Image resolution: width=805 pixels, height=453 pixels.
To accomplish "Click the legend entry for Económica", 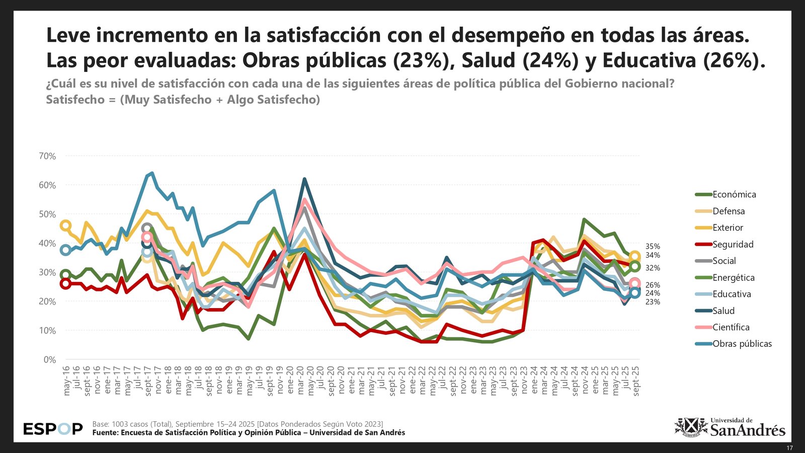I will (x=734, y=195).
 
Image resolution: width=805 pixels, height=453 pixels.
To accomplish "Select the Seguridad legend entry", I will (x=733, y=245).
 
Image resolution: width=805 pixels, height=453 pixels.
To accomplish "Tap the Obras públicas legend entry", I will (x=742, y=344).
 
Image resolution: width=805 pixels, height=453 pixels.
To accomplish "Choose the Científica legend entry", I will (x=731, y=327).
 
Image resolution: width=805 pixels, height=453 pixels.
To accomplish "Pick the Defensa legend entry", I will (x=728, y=211).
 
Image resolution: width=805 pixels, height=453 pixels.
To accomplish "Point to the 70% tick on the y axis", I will (x=47, y=157).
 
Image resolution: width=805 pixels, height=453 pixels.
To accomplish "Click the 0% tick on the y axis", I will (x=49, y=360).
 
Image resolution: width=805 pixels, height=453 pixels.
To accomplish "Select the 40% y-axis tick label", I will (x=47, y=244).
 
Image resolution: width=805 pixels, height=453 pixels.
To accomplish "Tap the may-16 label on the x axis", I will (x=66, y=381).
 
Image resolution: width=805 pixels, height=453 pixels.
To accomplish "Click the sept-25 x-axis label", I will (x=636, y=381).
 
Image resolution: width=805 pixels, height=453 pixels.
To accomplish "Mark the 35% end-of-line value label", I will (x=653, y=247).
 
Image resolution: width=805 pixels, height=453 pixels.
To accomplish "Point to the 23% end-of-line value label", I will (x=653, y=302).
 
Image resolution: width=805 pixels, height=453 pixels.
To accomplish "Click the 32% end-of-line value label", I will (x=653, y=268).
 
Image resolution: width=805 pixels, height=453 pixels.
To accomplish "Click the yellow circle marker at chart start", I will (x=65, y=225).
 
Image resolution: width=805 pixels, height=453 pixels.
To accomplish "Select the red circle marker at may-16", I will (x=65, y=283).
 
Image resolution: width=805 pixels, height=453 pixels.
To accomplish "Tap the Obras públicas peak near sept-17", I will (x=152, y=174).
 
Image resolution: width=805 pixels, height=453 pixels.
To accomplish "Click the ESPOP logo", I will (x=53, y=429).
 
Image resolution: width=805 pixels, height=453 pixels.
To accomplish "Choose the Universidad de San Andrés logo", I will (x=730, y=427).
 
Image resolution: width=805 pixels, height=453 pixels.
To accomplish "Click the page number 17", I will (x=789, y=448).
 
